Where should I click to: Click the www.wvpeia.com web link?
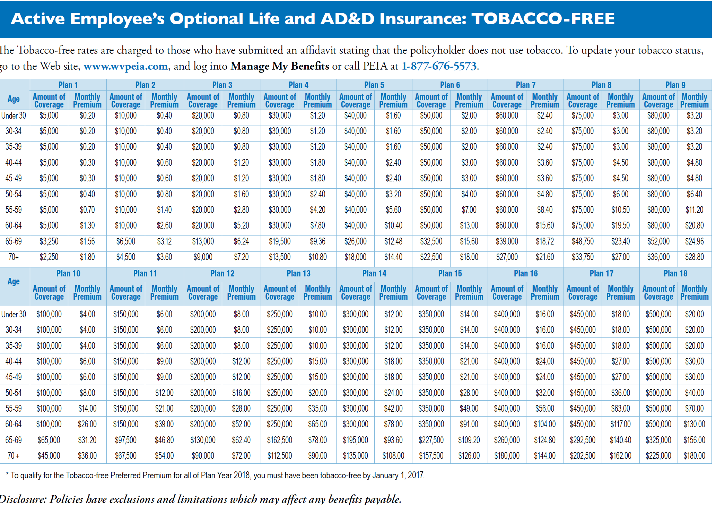[125, 66]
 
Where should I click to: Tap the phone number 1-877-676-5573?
[439, 66]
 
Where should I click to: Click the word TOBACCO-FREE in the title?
[543, 19]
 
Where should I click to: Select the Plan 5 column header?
[374, 85]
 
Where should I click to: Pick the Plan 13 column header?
[298, 273]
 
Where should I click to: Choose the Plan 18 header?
[675, 273]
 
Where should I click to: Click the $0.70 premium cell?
[87, 210]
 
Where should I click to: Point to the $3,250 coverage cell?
[49, 241]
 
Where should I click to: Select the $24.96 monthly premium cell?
[694, 241]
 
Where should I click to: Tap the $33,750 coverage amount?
[583, 257]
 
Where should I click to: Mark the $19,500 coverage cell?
[280, 241]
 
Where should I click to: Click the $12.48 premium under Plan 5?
[393, 241]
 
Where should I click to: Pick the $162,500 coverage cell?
[280, 440]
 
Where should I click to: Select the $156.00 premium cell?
[694, 440]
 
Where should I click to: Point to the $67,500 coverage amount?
[126, 456]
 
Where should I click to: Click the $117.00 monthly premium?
[620, 424]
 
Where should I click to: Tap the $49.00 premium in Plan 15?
[469, 409]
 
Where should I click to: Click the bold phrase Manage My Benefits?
[280, 66]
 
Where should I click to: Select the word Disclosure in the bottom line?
[23, 499]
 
